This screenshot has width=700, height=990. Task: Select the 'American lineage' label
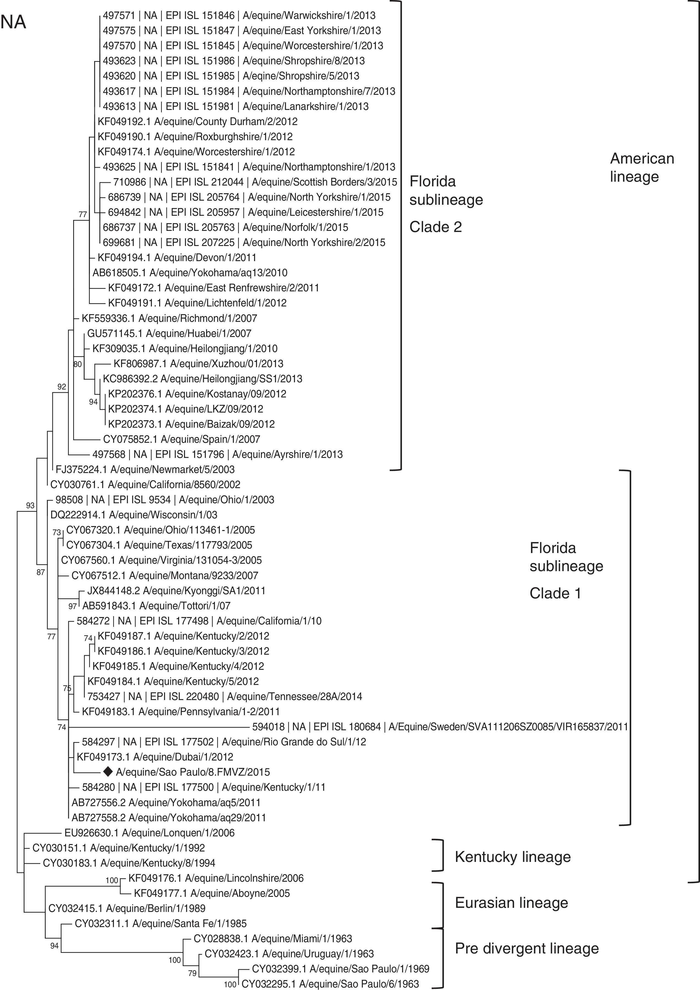click(642, 167)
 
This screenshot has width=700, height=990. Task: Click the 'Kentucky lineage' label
click(512, 857)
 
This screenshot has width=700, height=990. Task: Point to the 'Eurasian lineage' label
click(512, 903)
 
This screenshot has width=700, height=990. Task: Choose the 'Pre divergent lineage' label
click(526, 948)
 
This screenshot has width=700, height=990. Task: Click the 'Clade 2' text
click(436, 227)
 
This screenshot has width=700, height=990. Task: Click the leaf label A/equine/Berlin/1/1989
click(127, 908)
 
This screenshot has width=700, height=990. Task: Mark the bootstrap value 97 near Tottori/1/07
click(72, 606)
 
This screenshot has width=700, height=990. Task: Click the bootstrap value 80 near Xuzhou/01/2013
click(77, 364)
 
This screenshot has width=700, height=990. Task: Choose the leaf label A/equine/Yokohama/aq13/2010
click(190, 272)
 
